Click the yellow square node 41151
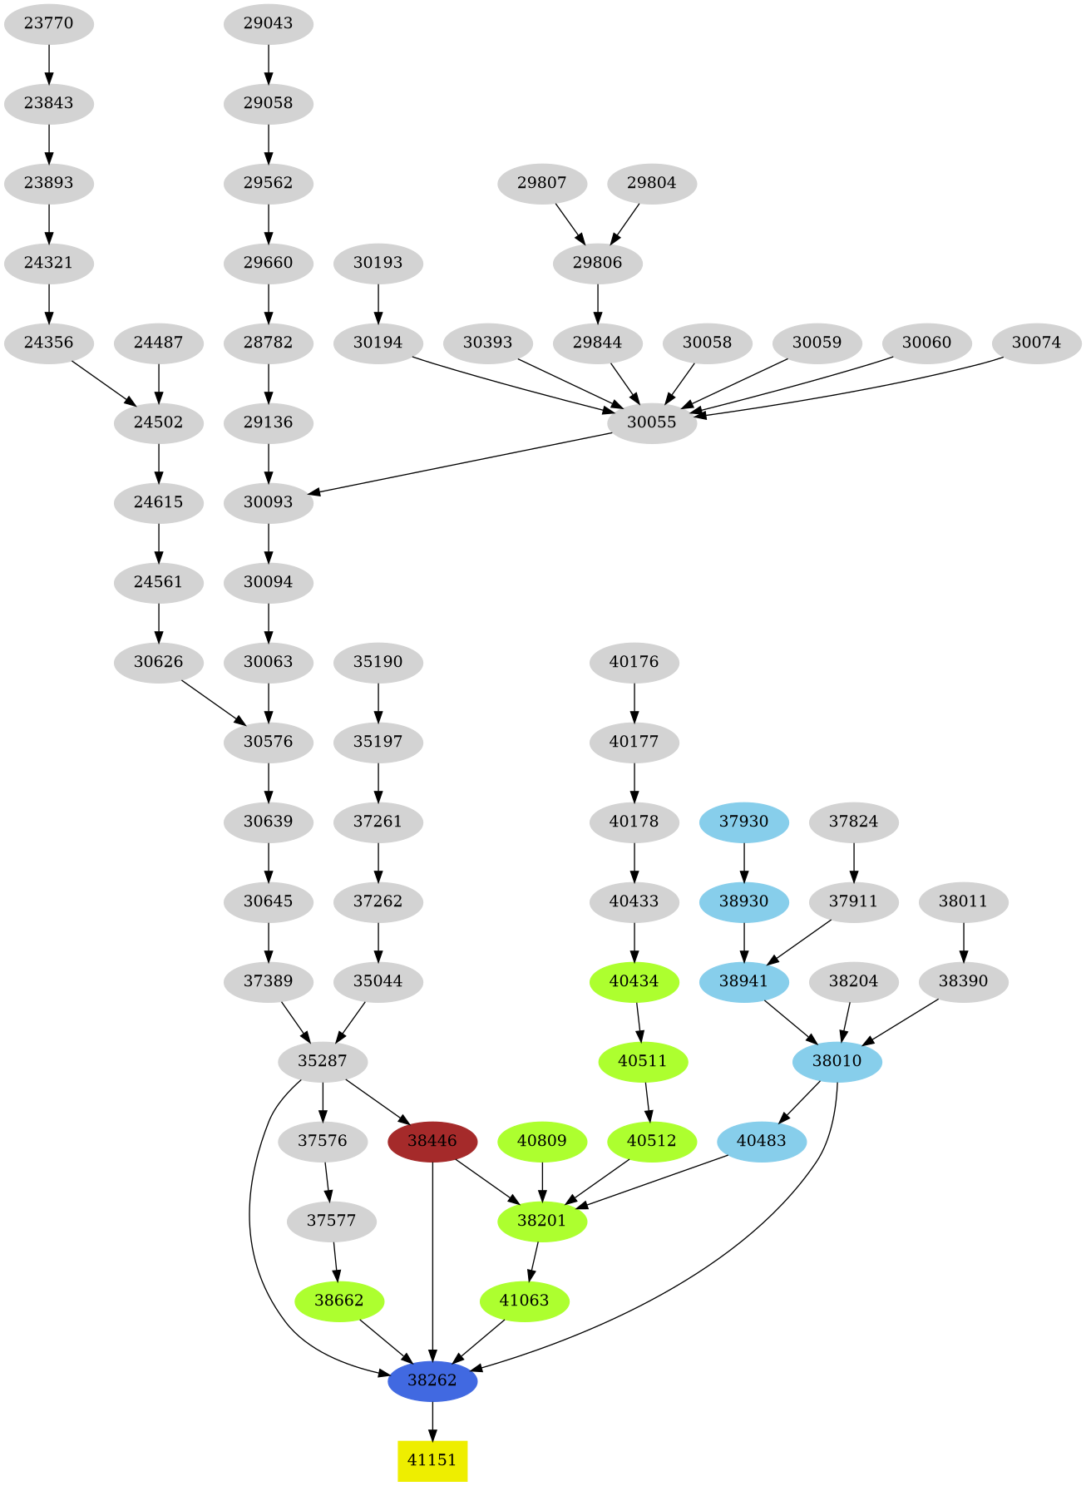432,1460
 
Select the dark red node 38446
432,1140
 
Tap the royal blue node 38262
432,1380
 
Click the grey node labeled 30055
652,422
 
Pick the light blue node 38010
837,1061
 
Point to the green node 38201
542,1221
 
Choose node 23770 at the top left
48,23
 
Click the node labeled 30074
1037,343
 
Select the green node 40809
542,1140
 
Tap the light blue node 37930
743,822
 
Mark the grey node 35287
323,1061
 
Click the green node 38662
339,1301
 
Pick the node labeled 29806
598,263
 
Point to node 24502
158,422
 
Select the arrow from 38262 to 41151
432,1420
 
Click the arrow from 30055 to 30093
463,463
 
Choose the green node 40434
634,981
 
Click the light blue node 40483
762,1140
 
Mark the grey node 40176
634,662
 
